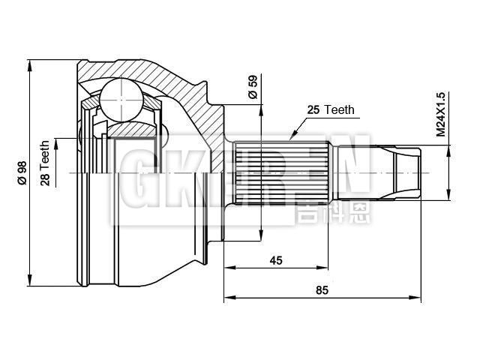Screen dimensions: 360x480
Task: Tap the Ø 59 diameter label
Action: click(253, 88)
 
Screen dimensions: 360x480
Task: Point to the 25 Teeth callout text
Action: click(329, 109)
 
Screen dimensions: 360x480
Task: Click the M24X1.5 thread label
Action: click(440, 114)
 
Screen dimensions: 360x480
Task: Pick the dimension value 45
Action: click(276, 260)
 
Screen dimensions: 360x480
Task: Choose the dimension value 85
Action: click(320, 289)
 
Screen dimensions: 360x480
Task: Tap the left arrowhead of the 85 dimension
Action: click(226, 298)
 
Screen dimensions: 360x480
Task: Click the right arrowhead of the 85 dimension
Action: click(419, 298)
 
